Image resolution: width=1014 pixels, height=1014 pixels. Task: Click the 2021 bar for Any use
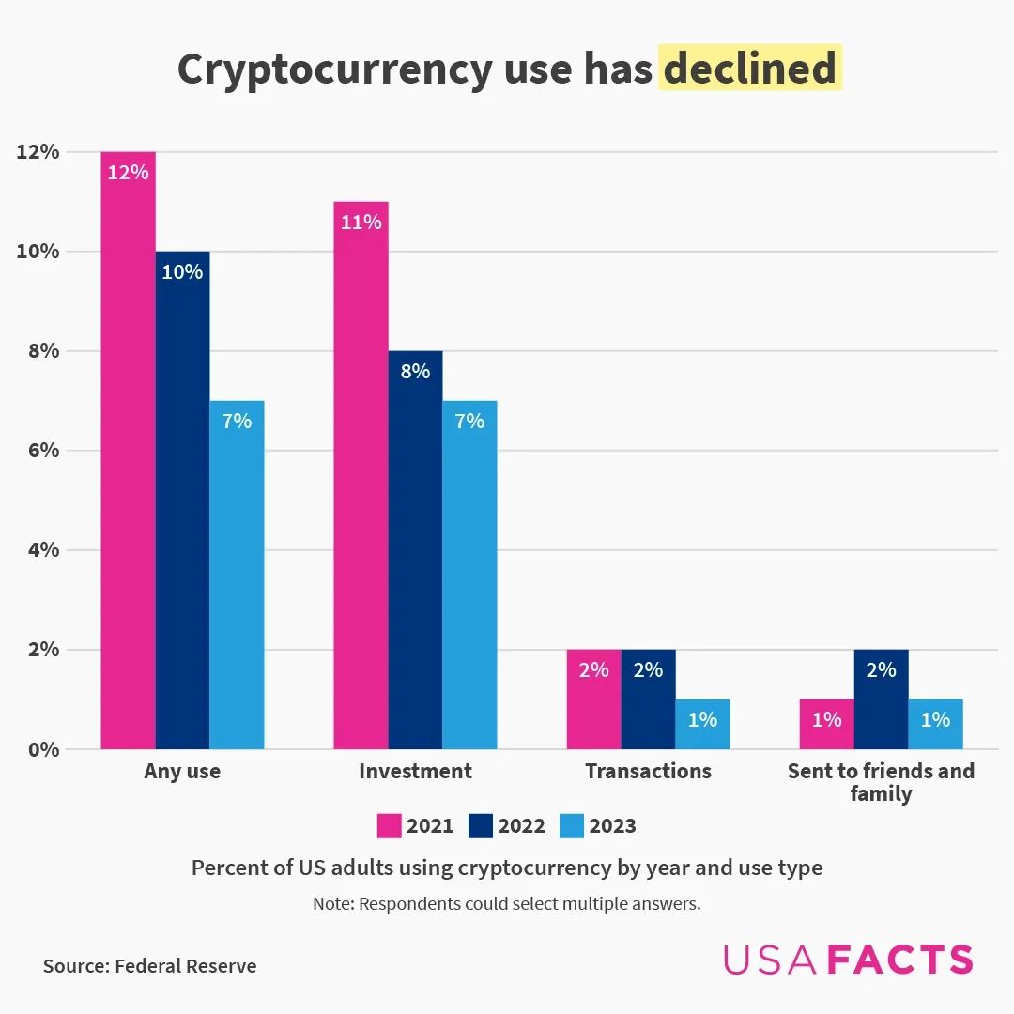point(128,451)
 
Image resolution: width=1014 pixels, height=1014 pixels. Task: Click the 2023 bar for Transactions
point(702,724)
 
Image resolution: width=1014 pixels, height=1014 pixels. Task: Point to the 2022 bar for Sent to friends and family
point(881,699)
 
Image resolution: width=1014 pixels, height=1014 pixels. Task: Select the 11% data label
point(361,223)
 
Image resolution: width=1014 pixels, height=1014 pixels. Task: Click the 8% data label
point(415,372)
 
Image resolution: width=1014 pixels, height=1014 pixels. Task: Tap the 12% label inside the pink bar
point(128,173)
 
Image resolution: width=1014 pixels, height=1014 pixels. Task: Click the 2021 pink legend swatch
point(389,826)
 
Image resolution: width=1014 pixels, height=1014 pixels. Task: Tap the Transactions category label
point(648,772)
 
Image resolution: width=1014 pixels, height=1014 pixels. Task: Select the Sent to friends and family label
point(881,782)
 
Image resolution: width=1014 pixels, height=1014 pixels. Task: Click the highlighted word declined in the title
point(749,69)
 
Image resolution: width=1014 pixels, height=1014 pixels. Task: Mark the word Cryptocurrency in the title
point(333,69)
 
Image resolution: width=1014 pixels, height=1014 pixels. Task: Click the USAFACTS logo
point(848,960)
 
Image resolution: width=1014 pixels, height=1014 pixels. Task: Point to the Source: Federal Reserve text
point(149,966)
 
